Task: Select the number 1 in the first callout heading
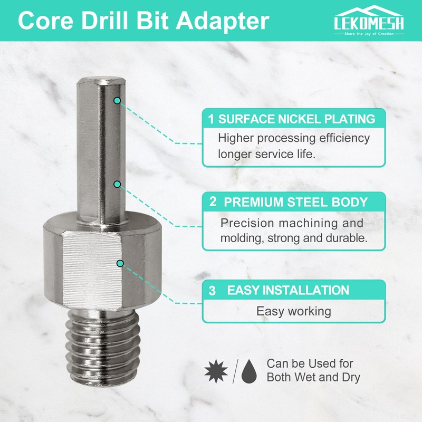(x=211, y=119)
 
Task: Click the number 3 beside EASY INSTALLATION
(x=212, y=291)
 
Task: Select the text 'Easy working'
(x=294, y=311)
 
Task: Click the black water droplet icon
(x=250, y=372)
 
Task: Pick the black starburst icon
(x=214, y=372)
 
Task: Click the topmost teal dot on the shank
(x=117, y=100)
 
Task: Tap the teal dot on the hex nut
(x=120, y=263)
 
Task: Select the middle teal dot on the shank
(x=118, y=184)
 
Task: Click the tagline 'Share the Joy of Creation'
(x=369, y=33)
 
